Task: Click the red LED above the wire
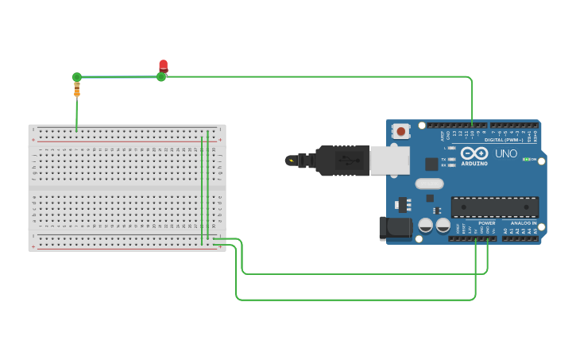(x=164, y=65)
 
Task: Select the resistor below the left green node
(x=77, y=90)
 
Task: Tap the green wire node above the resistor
(x=76, y=77)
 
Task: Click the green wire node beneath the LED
(x=161, y=77)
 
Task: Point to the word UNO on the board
(x=506, y=153)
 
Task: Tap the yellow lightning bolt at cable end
(x=292, y=161)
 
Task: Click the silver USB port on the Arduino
(x=389, y=160)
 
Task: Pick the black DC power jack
(x=395, y=228)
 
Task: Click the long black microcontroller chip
(x=495, y=207)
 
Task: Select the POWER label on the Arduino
(x=486, y=223)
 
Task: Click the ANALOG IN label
(x=523, y=223)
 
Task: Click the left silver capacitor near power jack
(x=426, y=226)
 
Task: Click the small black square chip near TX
(x=431, y=164)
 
